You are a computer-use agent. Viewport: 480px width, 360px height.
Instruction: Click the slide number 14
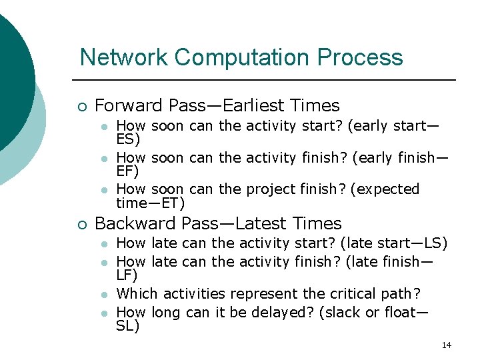pyautogui.click(x=447, y=345)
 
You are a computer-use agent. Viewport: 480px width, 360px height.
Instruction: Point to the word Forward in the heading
pyautogui.click(x=129, y=105)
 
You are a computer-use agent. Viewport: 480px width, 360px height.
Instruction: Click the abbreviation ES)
pyautogui.click(x=128, y=139)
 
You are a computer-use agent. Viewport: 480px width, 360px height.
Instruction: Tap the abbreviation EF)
pyautogui.click(x=128, y=171)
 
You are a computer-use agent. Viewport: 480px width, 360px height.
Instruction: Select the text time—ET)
pyautogui.click(x=150, y=203)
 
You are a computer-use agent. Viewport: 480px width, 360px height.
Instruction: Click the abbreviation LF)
pyautogui.click(x=127, y=274)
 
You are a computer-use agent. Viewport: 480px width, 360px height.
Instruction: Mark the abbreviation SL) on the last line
pyautogui.click(x=128, y=325)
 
